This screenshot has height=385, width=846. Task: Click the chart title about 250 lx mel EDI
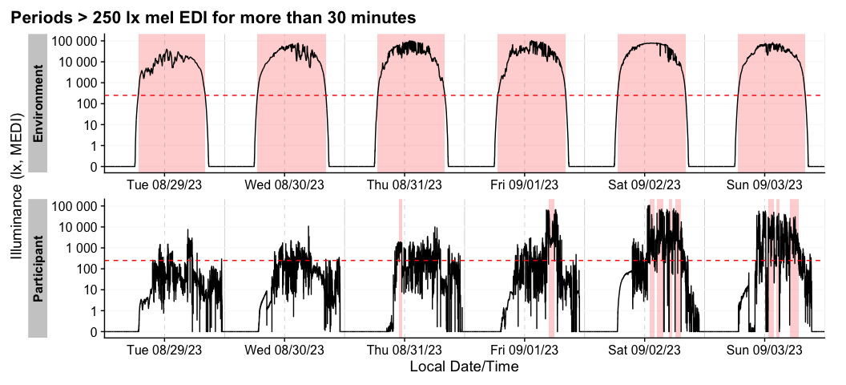point(213,17)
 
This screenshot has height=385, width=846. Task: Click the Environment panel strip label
point(38,103)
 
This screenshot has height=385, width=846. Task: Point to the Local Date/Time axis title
point(464,367)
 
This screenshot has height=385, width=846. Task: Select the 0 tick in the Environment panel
point(93,167)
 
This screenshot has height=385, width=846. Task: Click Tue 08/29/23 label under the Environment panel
point(164,184)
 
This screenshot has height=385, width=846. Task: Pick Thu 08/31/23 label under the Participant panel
point(405,350)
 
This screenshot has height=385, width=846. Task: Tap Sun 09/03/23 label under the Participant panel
point(764,350)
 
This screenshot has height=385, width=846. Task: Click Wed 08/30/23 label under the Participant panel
point(284,350)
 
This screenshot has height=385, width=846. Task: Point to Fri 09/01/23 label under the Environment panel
point(525,184)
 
